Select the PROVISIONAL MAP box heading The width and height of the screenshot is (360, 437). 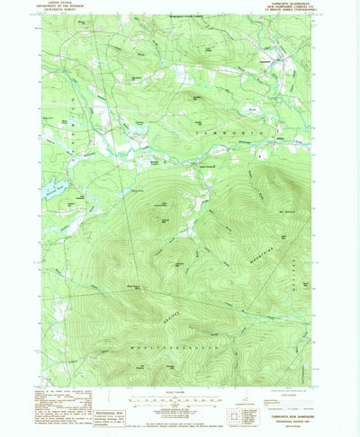point(99,401)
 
